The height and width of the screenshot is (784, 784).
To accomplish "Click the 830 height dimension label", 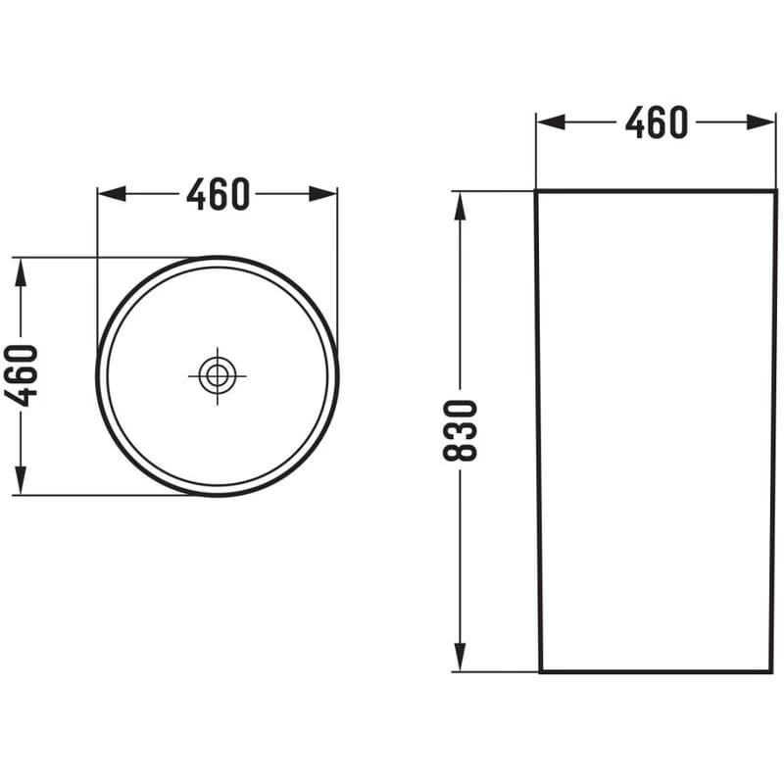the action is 461,430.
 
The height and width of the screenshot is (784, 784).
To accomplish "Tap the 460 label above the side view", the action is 657,122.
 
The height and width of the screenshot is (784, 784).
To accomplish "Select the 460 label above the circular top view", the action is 218,194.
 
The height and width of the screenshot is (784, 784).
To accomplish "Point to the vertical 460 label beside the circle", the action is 21,375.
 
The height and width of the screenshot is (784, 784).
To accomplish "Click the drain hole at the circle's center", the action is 218,375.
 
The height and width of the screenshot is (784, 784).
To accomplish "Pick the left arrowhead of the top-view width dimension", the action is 112,194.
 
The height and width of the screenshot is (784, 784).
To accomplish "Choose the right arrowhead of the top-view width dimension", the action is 323,194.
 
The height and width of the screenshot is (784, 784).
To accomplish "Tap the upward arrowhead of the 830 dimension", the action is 460,206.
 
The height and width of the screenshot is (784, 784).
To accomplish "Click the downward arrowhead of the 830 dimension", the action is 460,657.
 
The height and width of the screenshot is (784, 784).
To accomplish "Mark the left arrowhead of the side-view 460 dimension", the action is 551,122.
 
